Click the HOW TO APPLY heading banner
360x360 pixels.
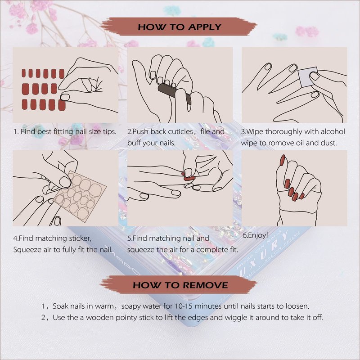pos(179,27)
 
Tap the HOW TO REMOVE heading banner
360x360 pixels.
pos(179,285)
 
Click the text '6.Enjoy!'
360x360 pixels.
pos(256,235)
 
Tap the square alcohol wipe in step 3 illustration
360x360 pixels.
pos(308,76)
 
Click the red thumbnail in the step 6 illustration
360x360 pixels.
pos(282,160)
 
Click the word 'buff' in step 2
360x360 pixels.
pos(134,143)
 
